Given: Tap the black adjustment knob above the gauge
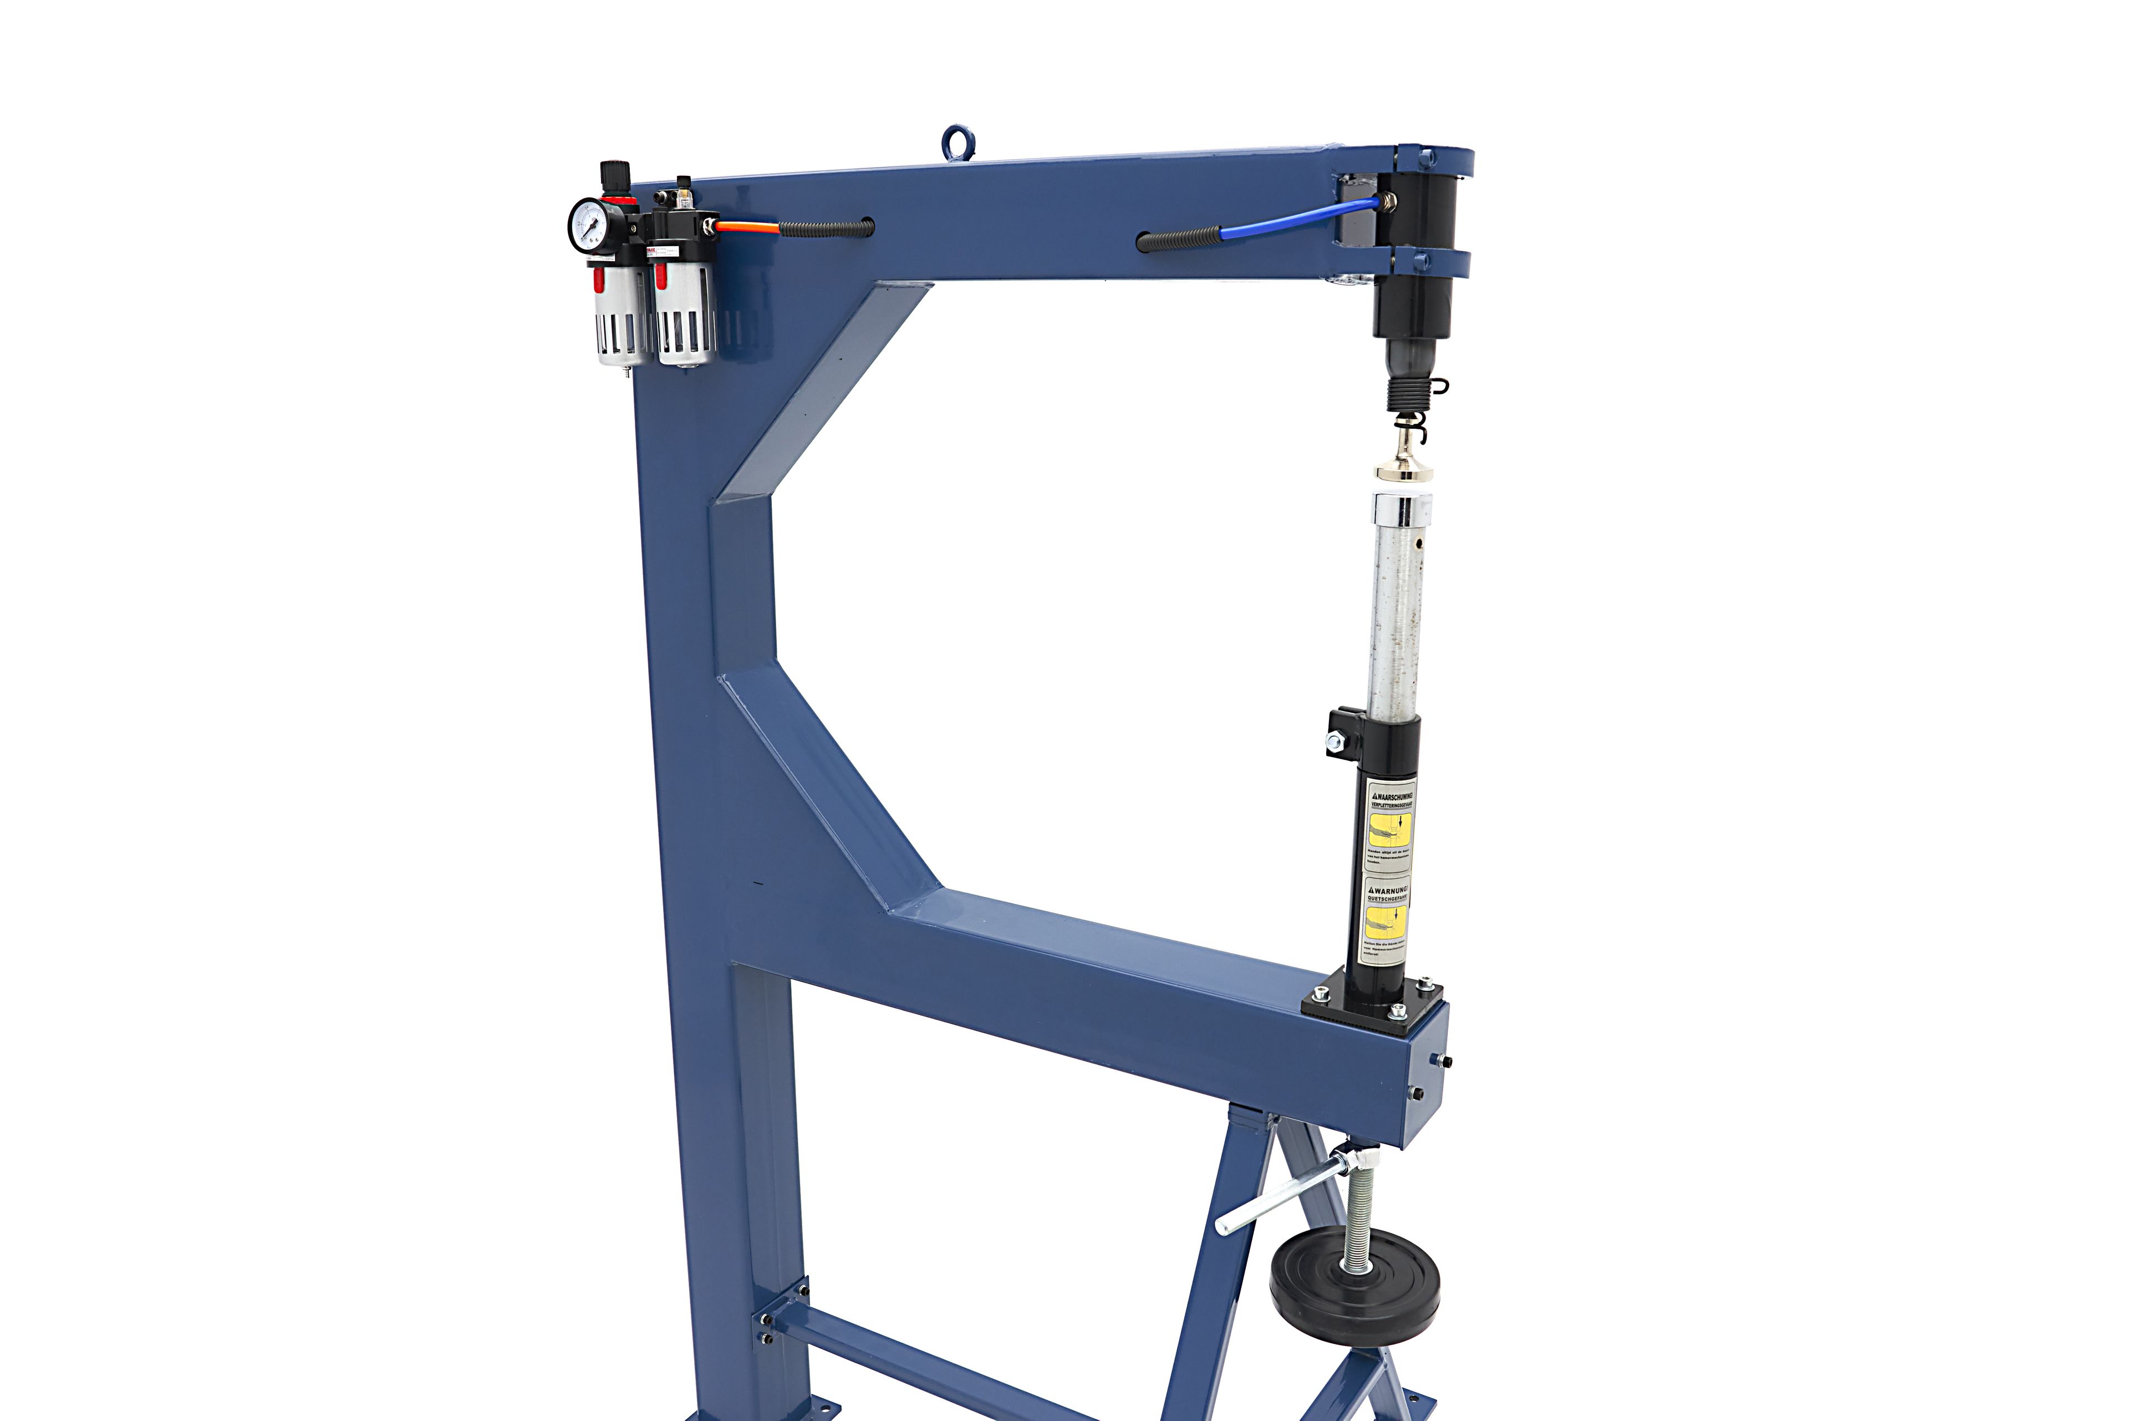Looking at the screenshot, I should click(615, 170).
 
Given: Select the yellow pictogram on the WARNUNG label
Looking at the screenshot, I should click(1386, 922).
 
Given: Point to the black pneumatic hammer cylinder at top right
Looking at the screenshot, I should click(1413, 272).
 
